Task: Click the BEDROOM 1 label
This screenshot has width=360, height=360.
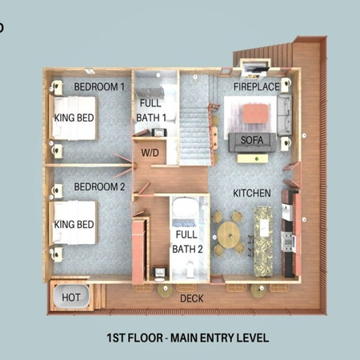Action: tap(99, 87)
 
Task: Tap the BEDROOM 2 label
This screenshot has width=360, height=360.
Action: tap(99, 187)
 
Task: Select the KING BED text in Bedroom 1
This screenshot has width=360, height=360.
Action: tap(74, 118)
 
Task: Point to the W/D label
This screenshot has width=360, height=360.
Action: tap(150, 153)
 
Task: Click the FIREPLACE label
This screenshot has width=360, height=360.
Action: tap(257, 87)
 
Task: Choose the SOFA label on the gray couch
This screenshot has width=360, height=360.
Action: tap(252, 140)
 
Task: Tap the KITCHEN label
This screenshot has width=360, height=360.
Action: tap(252, 193)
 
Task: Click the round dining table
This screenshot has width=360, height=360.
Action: tap(229, 235)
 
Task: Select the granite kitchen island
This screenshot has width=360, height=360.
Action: tap(263, 241)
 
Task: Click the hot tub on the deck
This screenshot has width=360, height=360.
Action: tap(71, 298)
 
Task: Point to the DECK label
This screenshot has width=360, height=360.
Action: tap(192, 298)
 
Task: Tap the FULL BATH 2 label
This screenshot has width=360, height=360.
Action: tap(187, 242)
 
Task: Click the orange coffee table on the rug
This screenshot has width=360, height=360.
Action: tap(255, 114)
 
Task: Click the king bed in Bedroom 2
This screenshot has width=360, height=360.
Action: tap(73, 222)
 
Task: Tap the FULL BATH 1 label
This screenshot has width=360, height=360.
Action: tap(151, 110)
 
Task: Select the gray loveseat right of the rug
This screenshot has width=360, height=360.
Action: tap(285, 115)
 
